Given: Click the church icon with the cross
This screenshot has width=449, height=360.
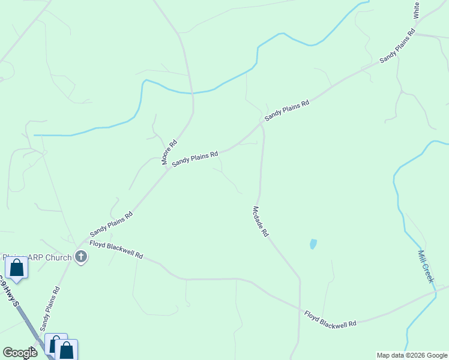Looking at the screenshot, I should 81,258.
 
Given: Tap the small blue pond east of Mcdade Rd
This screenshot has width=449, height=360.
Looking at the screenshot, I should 313,244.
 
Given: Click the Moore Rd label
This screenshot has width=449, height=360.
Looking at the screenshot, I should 169,152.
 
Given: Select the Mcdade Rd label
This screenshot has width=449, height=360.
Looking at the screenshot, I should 260,221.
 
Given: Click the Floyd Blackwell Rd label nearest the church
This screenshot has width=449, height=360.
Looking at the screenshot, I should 116,250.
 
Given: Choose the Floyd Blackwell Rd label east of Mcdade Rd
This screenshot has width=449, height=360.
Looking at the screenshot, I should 330,319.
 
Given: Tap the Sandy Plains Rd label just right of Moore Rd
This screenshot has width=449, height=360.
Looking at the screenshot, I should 194,160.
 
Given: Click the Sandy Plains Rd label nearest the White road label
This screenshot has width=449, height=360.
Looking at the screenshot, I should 397,46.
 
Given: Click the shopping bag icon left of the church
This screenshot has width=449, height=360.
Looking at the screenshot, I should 16,268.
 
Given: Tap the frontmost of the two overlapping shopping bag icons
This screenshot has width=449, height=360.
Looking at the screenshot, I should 67,350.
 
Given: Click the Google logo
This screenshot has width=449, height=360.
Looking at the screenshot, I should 20,353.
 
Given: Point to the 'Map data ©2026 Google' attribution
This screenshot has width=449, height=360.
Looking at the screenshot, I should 412,355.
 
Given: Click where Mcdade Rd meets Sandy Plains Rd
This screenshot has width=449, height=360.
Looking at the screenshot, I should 262,124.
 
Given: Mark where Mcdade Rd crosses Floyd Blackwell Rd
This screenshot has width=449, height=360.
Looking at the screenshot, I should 299,309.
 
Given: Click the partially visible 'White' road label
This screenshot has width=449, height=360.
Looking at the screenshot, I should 417,9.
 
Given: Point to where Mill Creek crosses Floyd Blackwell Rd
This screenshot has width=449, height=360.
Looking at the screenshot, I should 433,294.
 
